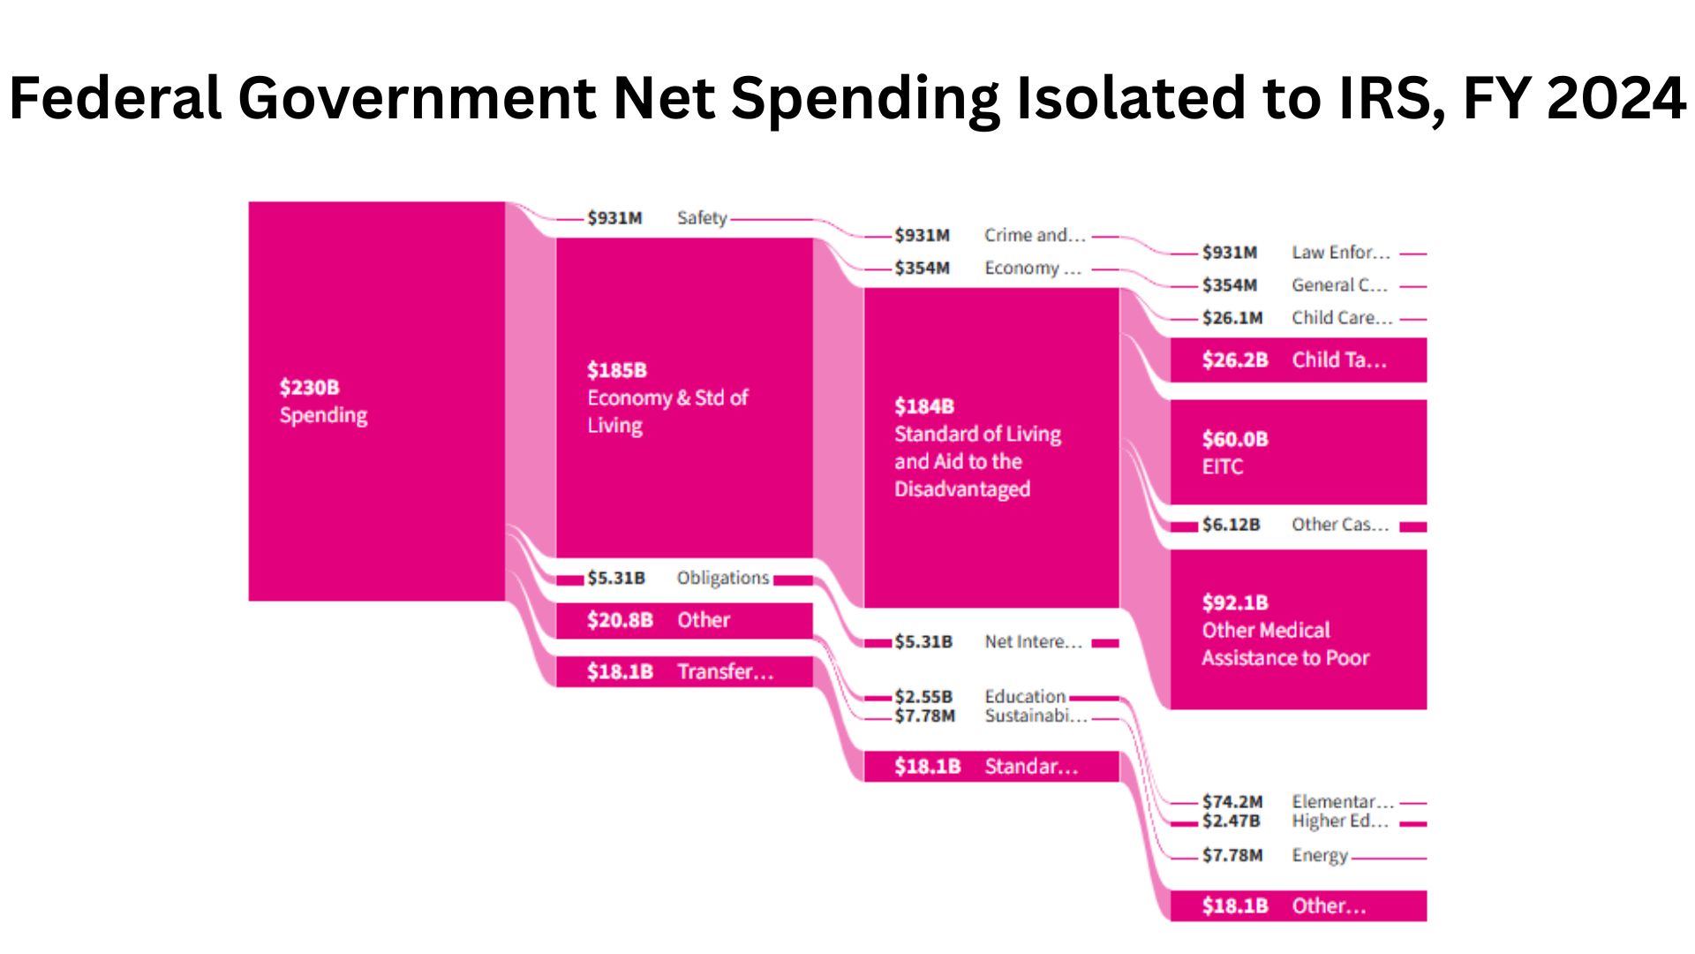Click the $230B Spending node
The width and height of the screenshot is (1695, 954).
pos(376,401)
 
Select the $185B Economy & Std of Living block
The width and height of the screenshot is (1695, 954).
pos(684,397)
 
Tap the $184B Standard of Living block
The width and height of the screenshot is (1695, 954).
pos(991,448)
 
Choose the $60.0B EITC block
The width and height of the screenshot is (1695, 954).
pos(1298,452)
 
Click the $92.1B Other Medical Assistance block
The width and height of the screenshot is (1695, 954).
pos(1298,630)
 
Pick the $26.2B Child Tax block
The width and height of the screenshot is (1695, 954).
pos(1298,360)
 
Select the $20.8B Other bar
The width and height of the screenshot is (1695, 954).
pos(684,620)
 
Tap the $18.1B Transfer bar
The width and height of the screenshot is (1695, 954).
pos(684,671)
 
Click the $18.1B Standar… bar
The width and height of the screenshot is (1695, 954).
pos(991,766)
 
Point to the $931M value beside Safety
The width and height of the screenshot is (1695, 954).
pos(615,218)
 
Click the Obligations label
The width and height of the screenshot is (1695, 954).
pos(723,578)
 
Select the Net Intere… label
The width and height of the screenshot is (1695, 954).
pos(1033,641)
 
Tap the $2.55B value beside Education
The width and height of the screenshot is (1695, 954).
pos(923,696)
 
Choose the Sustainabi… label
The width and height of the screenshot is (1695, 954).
pos(1036,715)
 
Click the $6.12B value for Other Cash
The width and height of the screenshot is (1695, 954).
pos(1231,525)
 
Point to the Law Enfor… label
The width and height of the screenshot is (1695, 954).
pos(1340,253)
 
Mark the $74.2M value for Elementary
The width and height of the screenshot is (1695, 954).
pos(1232,801)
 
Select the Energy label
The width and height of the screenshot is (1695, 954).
pos(1320,855)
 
